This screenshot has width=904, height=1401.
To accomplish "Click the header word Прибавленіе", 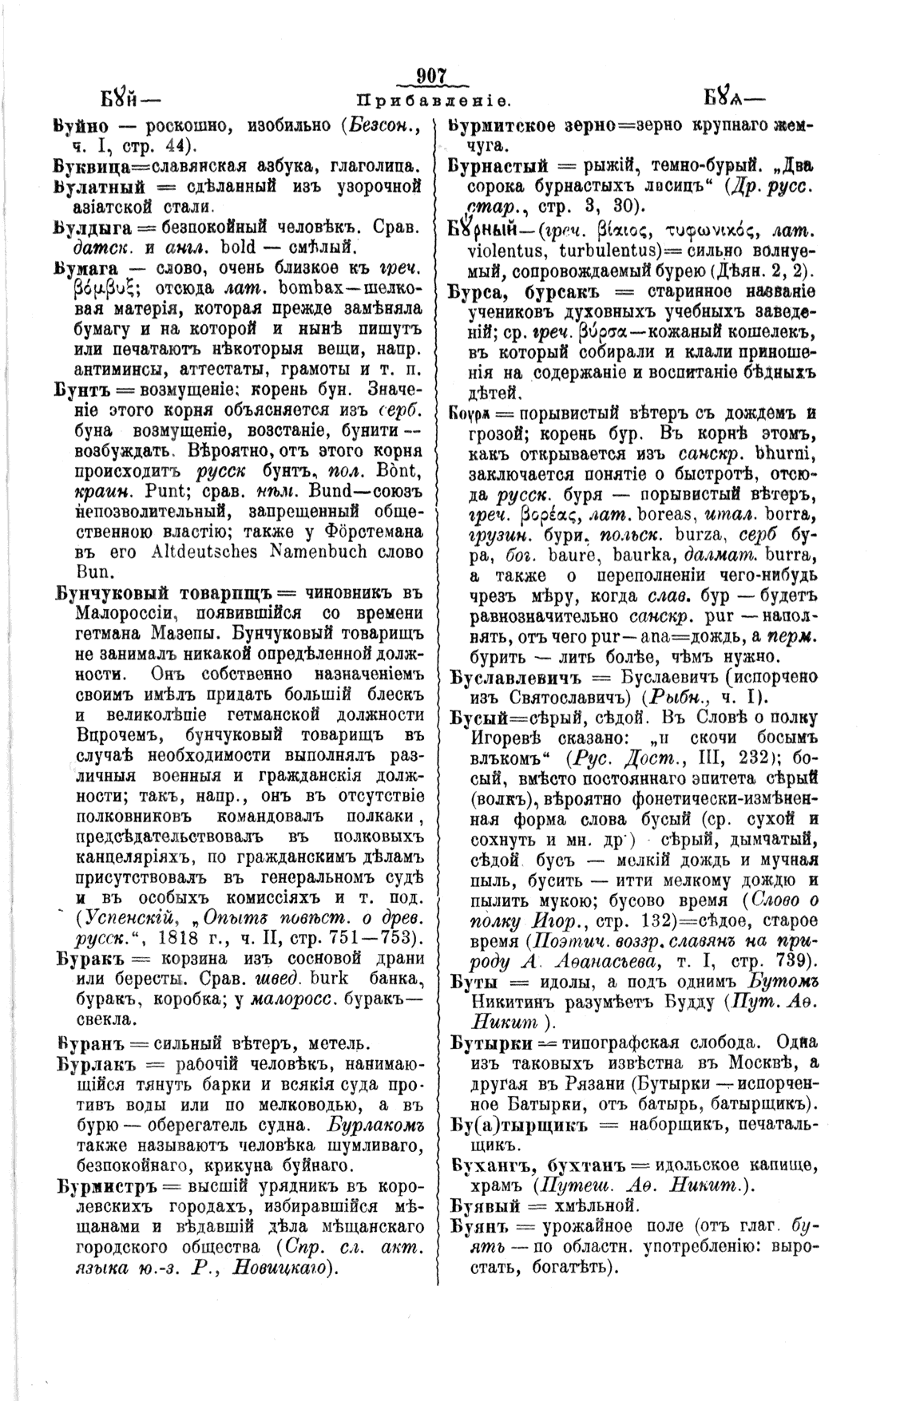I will click(434, 102).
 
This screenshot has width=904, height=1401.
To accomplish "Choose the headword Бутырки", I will click(486, 1043).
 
